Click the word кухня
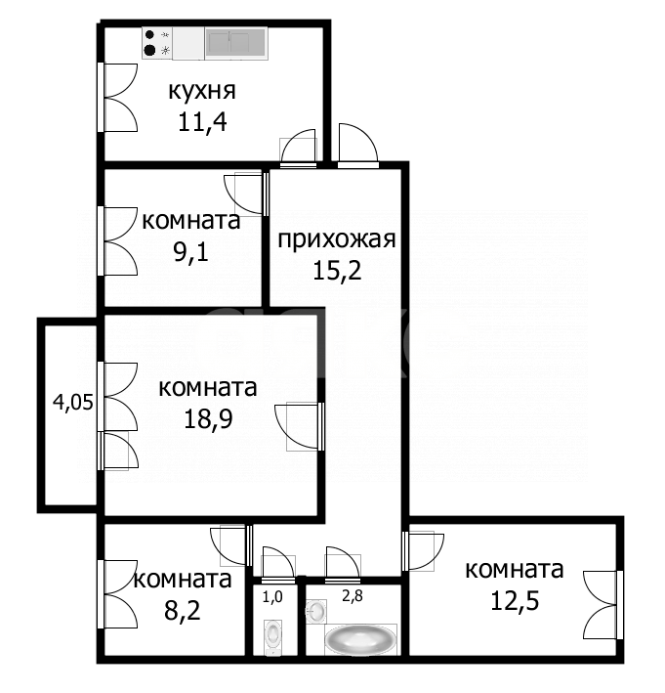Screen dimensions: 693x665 click(x=201, y=93)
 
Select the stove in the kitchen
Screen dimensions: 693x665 click(x=157, y=42)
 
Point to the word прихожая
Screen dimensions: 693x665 click(x=336, y=239)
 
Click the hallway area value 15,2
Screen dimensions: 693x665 click(x=336, y=270)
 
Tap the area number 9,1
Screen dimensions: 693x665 click(x=191, y=250)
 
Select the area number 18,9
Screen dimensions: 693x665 click(x=207, y=417)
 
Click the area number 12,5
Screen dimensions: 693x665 click(x=514, y=598)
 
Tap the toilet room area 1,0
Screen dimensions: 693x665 click(x=272, y=594)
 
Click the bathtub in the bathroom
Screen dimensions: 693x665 click(x=360, y=640)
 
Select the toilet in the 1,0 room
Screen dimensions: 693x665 click(x=272, y=637)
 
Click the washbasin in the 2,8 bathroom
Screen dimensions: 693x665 click(x=317, y=612)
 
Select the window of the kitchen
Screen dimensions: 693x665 click(x=102, y=98)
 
